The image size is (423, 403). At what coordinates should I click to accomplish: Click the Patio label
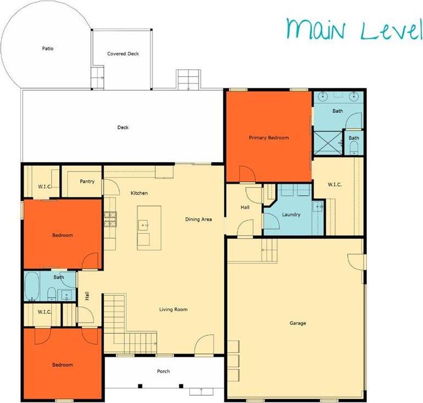click(48, 48)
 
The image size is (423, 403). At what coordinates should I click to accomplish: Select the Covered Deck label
click(122, 54)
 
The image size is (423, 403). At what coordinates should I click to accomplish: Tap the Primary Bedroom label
click(268, 137)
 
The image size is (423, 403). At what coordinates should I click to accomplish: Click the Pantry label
click(87, 181)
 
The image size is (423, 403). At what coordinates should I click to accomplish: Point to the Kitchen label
click(139, 193)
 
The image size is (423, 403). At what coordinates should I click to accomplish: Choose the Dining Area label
click(198, 219)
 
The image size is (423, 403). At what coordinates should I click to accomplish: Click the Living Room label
click(173, 310)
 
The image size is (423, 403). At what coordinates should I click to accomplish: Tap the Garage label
click(297, 323)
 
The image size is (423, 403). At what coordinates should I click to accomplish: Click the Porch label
click(163, 371)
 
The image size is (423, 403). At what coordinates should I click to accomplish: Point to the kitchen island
click(149, 227)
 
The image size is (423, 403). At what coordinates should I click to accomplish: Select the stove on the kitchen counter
click(110, 218)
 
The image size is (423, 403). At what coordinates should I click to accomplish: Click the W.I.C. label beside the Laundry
click(334, 185)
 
